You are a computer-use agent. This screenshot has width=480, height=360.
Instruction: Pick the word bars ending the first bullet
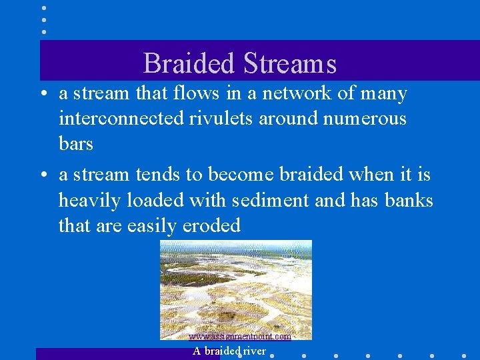pyautogui.click(x=76, y=143)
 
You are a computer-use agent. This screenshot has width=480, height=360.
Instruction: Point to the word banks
pyautogui.click(x=409, y=200)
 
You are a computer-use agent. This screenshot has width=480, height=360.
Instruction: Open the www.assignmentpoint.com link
pyautogui.click(x=239, y=337)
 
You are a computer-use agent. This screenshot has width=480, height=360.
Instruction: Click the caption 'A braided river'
pyautogui.click(x=229, y=351)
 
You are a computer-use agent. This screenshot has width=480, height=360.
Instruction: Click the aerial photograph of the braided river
pyautogui.click(x=236, y=287)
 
